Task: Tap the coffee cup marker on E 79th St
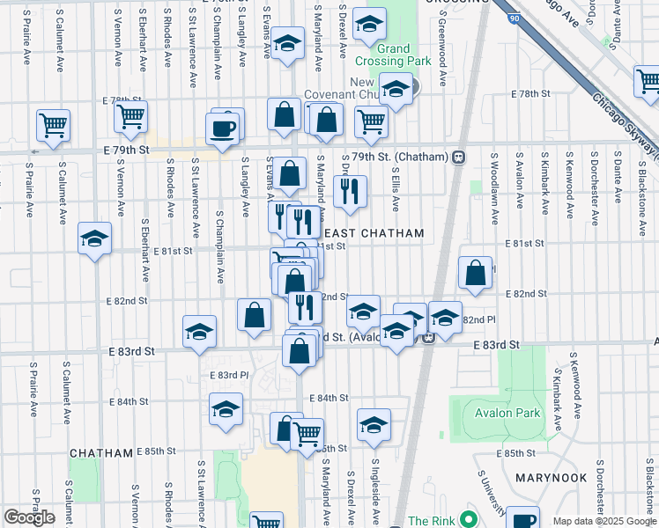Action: point(222,128)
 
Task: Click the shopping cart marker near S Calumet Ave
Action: point(54,124)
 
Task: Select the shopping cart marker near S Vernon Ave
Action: point(130,115)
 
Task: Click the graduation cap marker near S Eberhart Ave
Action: point(94,238)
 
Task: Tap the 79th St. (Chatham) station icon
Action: point(459,156)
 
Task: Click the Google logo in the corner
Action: point(29,517)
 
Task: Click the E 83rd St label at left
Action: point(132,350)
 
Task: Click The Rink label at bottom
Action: point(430,520)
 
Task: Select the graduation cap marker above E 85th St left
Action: point(226,409)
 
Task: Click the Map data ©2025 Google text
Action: point(604,521)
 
